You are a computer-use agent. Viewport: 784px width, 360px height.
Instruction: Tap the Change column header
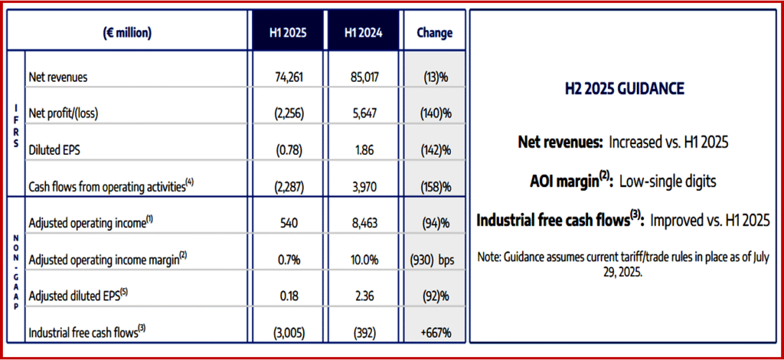point(434,32)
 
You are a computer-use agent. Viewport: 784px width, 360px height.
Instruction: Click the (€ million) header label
point(126,32)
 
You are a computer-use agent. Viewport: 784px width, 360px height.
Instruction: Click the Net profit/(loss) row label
point(64,113)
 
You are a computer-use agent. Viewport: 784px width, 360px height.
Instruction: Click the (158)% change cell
point(434,186)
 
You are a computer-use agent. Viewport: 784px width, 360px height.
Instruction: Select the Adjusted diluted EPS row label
point(74,296)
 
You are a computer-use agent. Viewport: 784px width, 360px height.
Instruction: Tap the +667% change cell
point(434,332)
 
